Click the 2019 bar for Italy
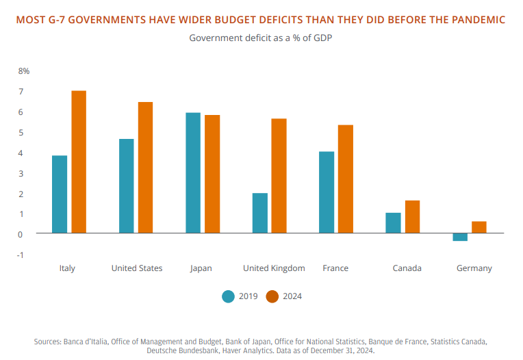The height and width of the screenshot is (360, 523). (x=60, y=194)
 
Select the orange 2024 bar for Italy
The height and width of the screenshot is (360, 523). (x=79, y=162)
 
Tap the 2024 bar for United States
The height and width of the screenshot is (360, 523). (x=145, y=168)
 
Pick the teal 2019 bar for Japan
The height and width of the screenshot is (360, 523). (x=193, y=173)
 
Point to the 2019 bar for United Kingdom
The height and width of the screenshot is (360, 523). (x=259, y=213)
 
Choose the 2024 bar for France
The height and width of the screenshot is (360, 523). (x=345, y=179)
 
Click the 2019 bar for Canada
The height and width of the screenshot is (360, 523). (x=393, y=223)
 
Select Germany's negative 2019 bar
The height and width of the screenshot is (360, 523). (x=460, y=237)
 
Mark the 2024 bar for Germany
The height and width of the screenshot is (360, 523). (x=479, y=227)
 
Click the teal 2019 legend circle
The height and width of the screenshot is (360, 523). (x=229, y=296)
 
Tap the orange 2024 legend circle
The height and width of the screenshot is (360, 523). (x=272, y=296)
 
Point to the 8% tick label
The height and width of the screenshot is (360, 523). (x=24, y=71)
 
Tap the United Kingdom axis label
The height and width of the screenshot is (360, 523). (x=274, y=268)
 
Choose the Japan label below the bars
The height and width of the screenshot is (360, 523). (x=201, y=268)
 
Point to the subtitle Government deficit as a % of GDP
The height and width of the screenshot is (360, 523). (x=261, y=38)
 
